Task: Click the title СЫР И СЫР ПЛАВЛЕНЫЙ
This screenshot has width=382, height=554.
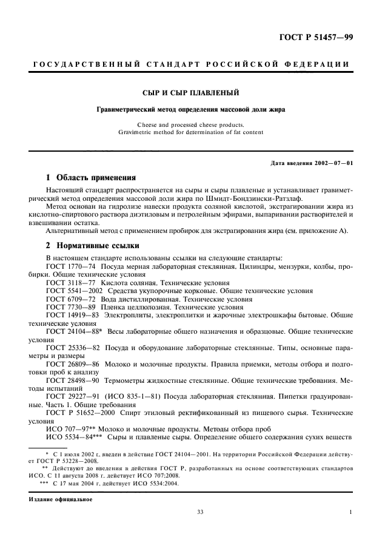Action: pyautogui.click(x=191, y=93)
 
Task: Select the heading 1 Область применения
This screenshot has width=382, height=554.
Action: pyautogui.click(x=90, y=178)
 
